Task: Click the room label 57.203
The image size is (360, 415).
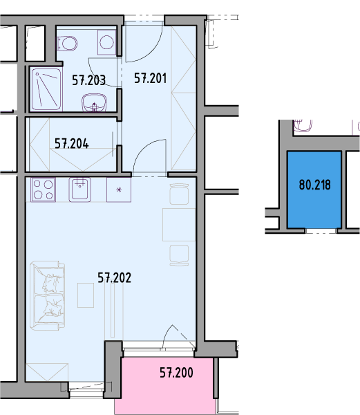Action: (89, 80)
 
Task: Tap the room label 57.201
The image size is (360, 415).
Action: (151, 78)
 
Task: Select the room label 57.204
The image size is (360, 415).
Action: (72, 144)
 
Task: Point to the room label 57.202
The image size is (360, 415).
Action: (114, 278)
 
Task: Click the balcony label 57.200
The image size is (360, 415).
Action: (176, 373)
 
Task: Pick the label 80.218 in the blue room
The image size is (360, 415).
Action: (315, 185)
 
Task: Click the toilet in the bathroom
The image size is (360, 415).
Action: (67, 44)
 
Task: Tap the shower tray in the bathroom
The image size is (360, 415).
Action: (46, 89)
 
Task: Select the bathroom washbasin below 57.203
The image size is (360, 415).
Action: (94, 102)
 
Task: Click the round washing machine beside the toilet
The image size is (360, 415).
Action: (107, 42)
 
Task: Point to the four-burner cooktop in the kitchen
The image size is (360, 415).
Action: (43, 190)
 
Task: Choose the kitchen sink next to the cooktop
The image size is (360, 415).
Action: (79, 190)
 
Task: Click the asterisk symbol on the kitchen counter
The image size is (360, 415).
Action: (119, 190)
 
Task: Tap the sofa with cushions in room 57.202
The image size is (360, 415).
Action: (47, 295)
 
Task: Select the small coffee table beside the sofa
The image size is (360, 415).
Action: (86, 295)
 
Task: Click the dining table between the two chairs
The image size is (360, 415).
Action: (179, 225)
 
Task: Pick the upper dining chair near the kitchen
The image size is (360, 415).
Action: (179, 194)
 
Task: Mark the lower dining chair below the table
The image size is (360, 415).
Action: (179, 255)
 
